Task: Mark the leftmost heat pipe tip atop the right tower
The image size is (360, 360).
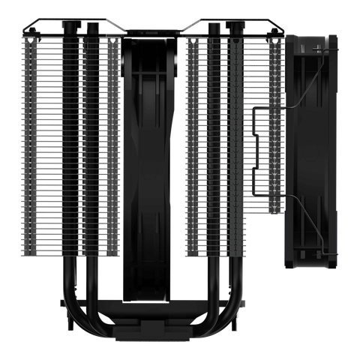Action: (214, 27)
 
